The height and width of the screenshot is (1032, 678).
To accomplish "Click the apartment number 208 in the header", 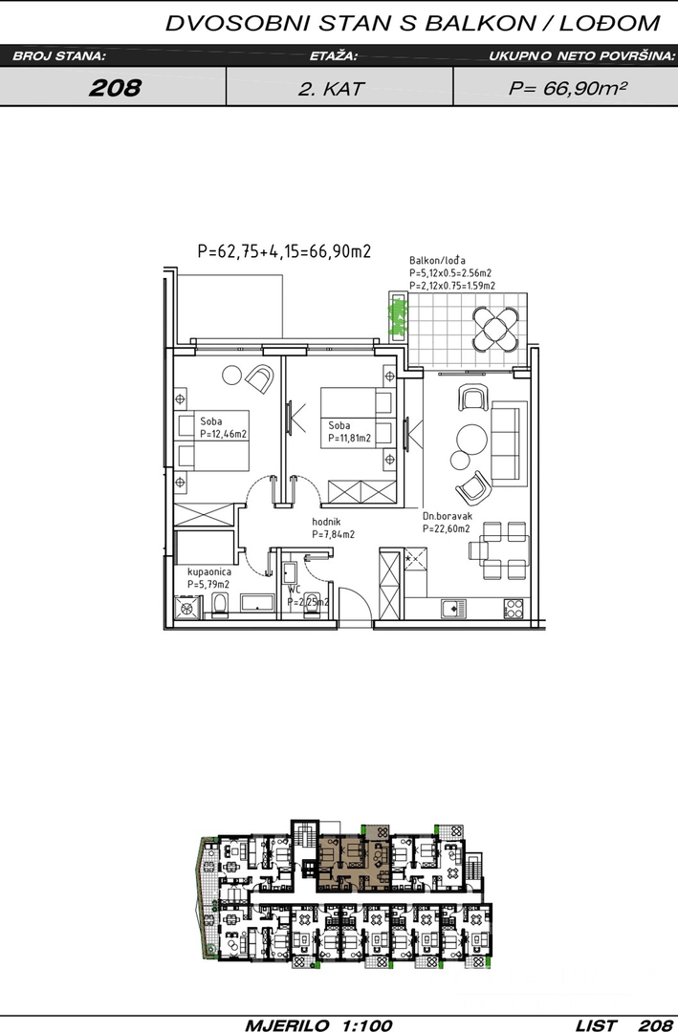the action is coord(115,88).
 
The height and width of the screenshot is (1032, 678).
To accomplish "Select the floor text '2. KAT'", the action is coord(331,88).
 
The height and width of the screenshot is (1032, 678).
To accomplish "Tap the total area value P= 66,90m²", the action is coord(567,88).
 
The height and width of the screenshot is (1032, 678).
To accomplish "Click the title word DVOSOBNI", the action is coord(238,24).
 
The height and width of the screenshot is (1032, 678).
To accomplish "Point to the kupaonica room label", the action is coord(208,572).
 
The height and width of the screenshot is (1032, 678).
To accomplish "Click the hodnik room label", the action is coord(325,522).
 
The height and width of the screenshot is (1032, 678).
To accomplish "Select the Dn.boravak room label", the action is coord(448,517).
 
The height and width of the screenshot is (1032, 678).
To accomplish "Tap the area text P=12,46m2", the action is coord(224,435).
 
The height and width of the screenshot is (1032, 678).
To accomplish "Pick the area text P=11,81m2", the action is coord(349,439).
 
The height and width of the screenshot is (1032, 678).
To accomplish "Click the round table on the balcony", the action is coord(495,329).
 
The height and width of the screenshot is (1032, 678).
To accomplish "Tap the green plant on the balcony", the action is coord(397,316).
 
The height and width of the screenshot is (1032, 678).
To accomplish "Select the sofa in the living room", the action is coord(510,443).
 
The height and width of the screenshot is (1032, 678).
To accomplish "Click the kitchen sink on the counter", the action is coord(453,609).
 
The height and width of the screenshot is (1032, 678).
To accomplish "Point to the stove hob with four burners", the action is coord(514,609).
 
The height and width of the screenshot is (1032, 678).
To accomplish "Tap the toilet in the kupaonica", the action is coord(220,604).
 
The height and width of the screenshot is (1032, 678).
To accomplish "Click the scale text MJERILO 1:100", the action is coord(318,1024).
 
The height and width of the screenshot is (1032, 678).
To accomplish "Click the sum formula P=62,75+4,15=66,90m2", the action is coord(284,250).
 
